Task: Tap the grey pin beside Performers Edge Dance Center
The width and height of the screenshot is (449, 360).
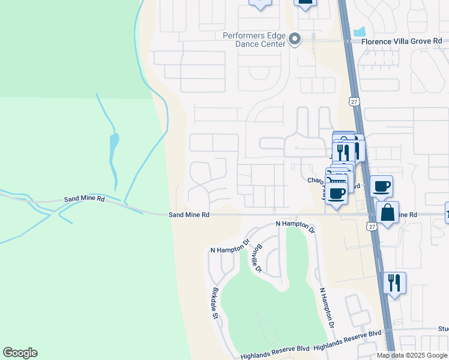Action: click(295, 40)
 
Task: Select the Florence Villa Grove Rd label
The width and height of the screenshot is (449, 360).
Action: click(401, 42)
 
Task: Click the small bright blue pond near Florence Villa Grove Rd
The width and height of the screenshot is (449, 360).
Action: click(360, 31)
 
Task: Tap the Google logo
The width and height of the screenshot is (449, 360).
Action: click(20, 353)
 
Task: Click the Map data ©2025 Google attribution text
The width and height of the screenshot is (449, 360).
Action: click(412, 355)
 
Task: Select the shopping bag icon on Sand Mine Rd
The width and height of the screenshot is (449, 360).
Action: click(388, 212)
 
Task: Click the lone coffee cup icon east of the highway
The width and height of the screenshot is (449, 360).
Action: click(381, 185)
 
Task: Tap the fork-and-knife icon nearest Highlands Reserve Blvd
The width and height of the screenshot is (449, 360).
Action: click(394, 283)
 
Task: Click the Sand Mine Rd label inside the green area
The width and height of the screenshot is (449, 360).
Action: click(85, 199)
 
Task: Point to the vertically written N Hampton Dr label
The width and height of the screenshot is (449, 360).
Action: click(326, 307)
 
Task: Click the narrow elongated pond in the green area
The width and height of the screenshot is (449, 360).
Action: click(113, 154)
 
